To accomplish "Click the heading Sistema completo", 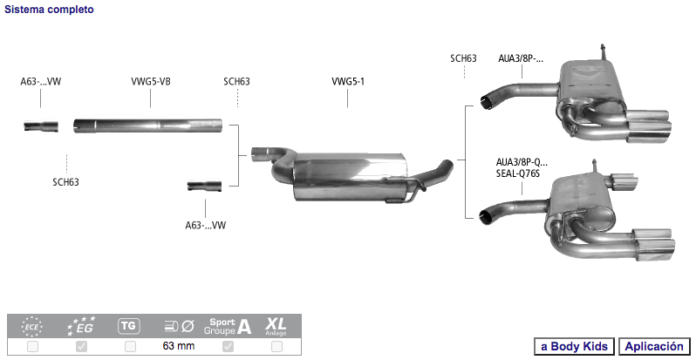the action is tap(49, 10).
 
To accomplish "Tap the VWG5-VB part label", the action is tap(151, 82).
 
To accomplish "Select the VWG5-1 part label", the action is tap(347, 82).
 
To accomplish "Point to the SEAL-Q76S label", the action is tap(517, 173).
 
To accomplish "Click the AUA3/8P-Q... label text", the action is tap(522, 162).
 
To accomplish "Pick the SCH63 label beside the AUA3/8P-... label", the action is tap(463, 58).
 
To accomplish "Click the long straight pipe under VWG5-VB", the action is tap(147, 126).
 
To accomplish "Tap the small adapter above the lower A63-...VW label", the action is tap(204, 187).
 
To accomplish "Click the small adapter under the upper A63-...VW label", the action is tap(41, 126).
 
